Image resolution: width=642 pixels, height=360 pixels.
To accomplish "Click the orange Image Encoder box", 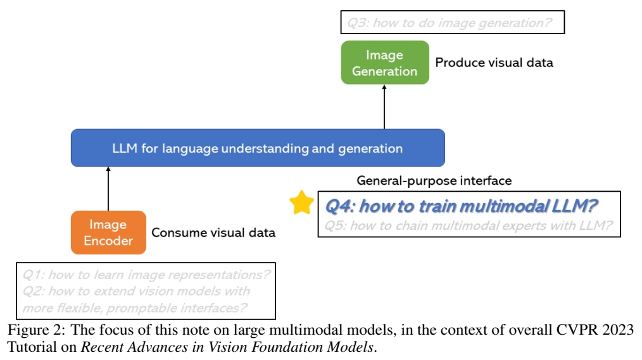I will [108, 232].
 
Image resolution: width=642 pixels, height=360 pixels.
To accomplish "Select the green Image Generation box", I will [385, 63].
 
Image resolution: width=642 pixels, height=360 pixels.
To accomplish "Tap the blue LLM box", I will [258, 148].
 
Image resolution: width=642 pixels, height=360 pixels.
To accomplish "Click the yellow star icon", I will [302, 203].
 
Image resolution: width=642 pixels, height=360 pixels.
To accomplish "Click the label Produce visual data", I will [494, 63].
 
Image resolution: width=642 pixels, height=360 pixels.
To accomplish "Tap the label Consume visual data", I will [213, 232].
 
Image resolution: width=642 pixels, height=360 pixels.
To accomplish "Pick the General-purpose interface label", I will [434, 181].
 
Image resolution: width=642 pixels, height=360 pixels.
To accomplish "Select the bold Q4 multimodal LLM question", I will [462, 206].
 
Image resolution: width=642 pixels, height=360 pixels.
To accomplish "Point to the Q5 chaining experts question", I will [469, 225].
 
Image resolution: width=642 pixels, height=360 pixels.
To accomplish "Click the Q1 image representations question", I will [147, 275].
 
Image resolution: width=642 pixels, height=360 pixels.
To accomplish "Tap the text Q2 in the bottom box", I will [32, 291].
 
